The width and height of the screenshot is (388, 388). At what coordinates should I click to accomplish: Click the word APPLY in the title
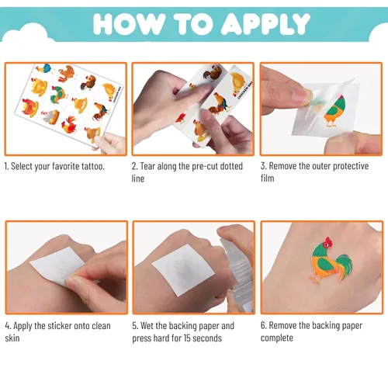265,24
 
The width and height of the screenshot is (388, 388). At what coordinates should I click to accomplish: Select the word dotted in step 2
231,166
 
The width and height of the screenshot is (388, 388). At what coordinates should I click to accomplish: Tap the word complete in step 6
277,338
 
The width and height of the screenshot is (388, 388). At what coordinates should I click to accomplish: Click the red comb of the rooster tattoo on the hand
329,241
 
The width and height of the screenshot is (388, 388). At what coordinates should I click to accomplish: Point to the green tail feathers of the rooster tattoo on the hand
345,265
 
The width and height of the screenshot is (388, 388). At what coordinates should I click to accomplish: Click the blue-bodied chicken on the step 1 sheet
44,69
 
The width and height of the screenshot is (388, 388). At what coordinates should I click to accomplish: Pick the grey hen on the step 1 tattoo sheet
51,116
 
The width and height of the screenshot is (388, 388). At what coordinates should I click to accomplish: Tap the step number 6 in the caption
263,325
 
